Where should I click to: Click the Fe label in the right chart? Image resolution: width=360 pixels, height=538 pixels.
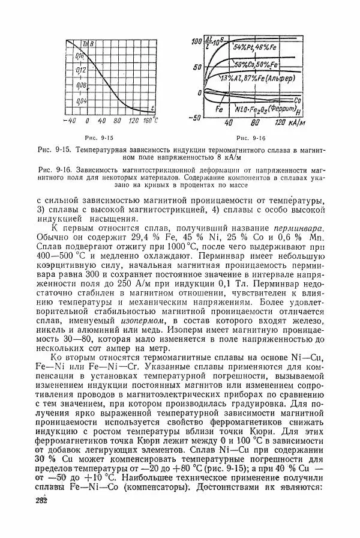pyautogui.click(x=220, y=110)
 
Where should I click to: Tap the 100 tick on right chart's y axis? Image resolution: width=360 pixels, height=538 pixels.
pyautogui.click(x=197, y=41)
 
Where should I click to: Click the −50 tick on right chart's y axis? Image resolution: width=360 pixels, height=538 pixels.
pyautogui.click(x=194, y=118)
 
